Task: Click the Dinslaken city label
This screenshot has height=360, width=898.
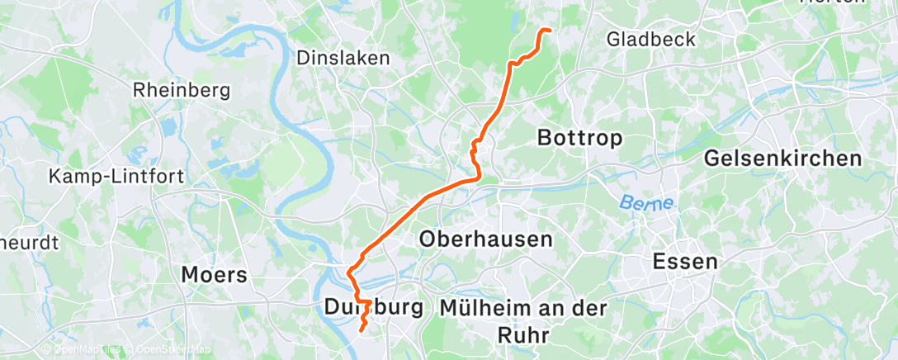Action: pos(343,59)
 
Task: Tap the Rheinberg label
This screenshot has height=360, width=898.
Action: pos(181,90)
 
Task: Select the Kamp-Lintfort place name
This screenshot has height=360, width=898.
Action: pos(116,176)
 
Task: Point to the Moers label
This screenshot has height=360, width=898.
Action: pos(214,274)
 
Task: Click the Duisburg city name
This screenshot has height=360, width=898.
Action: pos(373,308)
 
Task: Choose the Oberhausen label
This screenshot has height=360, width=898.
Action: pos(485,239)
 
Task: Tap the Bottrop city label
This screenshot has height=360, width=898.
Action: pos(579,138)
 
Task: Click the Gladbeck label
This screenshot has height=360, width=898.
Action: pos(650,39)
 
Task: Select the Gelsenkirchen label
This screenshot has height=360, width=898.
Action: pos(783,159)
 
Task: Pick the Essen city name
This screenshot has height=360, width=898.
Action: pos(684,262)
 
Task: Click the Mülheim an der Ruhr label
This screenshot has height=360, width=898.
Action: pos(524,320)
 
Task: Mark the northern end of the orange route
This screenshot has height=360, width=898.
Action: pos(547,31)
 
